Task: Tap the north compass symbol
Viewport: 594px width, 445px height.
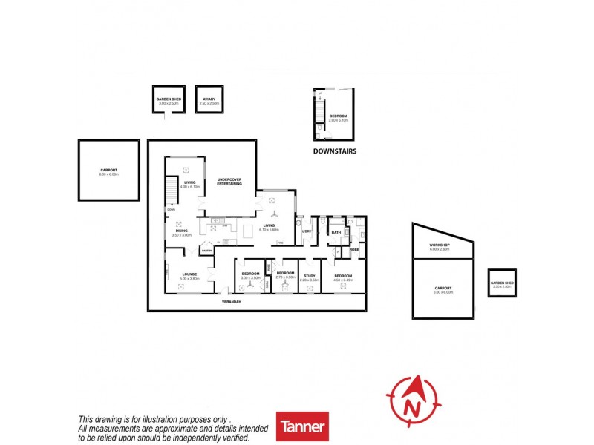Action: (x=414, y=401)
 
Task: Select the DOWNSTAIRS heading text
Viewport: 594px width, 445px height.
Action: (x=334, y=151)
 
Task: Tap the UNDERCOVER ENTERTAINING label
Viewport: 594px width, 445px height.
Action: (x=229, y=182)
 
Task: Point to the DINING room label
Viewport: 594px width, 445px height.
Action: (x=182, y=231)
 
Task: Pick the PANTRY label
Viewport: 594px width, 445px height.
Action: (x=206, y=251)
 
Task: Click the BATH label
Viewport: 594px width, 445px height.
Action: (x=336, y=232)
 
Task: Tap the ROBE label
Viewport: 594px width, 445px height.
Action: (x=354, y=249)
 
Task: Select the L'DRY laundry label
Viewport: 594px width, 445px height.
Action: (x=307, y=232)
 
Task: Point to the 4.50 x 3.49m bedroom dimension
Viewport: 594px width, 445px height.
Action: (x=342, y=280)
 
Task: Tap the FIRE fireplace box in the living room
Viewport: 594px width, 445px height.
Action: (x=280, y=243)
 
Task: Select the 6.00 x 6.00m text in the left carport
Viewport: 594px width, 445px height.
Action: (x=108, y=174)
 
